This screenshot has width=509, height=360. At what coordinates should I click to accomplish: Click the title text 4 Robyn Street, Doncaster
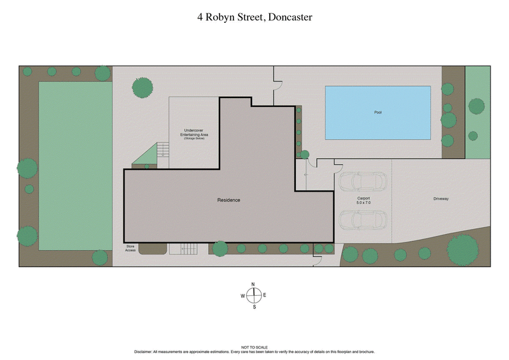[254, 17]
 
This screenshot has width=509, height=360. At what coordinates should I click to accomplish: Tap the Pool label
[377, 113]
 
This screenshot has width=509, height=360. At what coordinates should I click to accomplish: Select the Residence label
[229, 200]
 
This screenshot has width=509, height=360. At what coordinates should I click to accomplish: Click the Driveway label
[441, 199]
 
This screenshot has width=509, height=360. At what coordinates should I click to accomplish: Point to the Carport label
[363, 198]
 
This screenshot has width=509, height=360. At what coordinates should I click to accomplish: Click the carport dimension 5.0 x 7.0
[363, 204]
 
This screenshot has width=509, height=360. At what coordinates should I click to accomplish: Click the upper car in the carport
[361, 182]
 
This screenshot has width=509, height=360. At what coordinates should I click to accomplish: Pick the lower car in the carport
[361, 220]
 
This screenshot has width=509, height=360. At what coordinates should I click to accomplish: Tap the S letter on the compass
[254, 307]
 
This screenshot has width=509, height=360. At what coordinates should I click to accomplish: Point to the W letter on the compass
[242, 296]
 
